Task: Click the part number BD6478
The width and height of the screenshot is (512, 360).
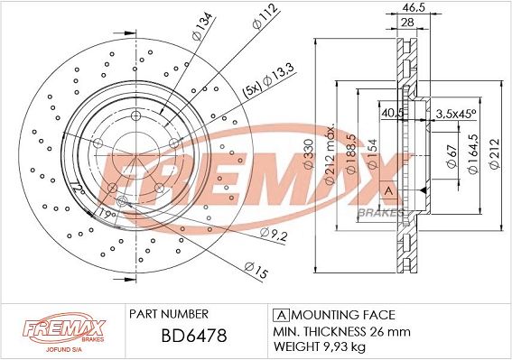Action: coord(194,336)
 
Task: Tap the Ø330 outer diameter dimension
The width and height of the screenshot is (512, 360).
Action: coord(309,153)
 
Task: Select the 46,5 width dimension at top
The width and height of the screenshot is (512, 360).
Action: coord(414,7)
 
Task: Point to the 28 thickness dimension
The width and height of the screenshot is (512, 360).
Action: coord(407,23)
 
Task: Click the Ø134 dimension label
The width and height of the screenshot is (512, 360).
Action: coord(203,26)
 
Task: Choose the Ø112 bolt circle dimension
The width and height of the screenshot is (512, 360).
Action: coord(265,16)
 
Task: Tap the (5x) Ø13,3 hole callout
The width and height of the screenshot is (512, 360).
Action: coord(268,81)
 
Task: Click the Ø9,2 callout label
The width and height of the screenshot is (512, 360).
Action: coord(274,235)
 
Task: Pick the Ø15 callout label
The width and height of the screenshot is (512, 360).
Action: coord(256,270)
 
